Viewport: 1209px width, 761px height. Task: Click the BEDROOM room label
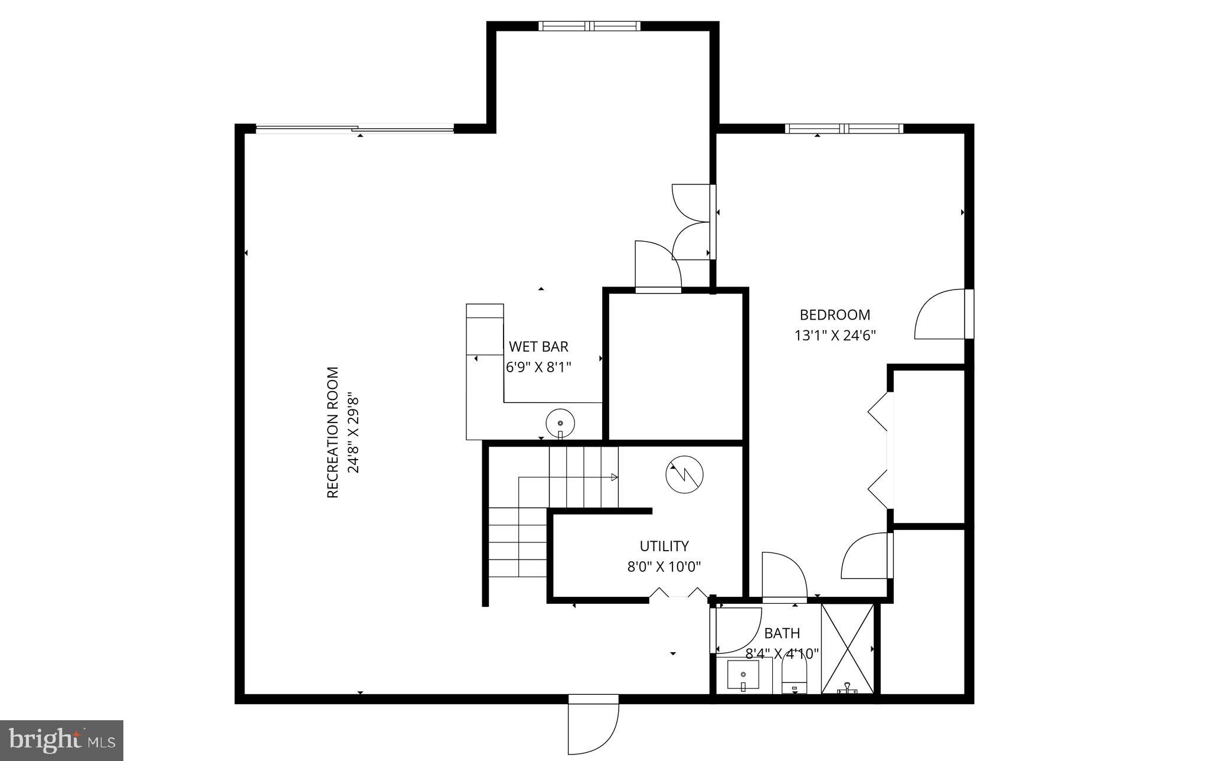coord(835,315)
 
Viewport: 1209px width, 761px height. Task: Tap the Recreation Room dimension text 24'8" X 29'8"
coord(353,432)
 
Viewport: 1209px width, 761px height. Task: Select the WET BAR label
coord(538,347)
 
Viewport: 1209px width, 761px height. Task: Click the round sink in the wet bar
coord(560,423)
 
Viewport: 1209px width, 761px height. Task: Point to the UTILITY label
coord(664,546)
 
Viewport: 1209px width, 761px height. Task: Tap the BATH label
coord(782,633)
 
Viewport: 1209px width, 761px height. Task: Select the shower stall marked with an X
coord(848,648)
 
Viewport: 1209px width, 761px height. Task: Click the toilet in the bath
coord(794,677)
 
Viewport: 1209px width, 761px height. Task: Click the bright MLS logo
coord(61,740)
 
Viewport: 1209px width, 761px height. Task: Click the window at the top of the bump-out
coord(589,26)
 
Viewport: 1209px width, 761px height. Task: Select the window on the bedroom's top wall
coord(844,129)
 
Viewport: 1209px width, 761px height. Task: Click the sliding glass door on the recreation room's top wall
coord(354,129)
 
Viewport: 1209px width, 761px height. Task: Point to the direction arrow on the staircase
coord(614,477)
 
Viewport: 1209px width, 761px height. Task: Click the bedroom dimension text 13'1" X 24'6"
coord(835,336)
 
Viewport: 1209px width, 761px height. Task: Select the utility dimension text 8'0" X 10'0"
coord(664,567)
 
